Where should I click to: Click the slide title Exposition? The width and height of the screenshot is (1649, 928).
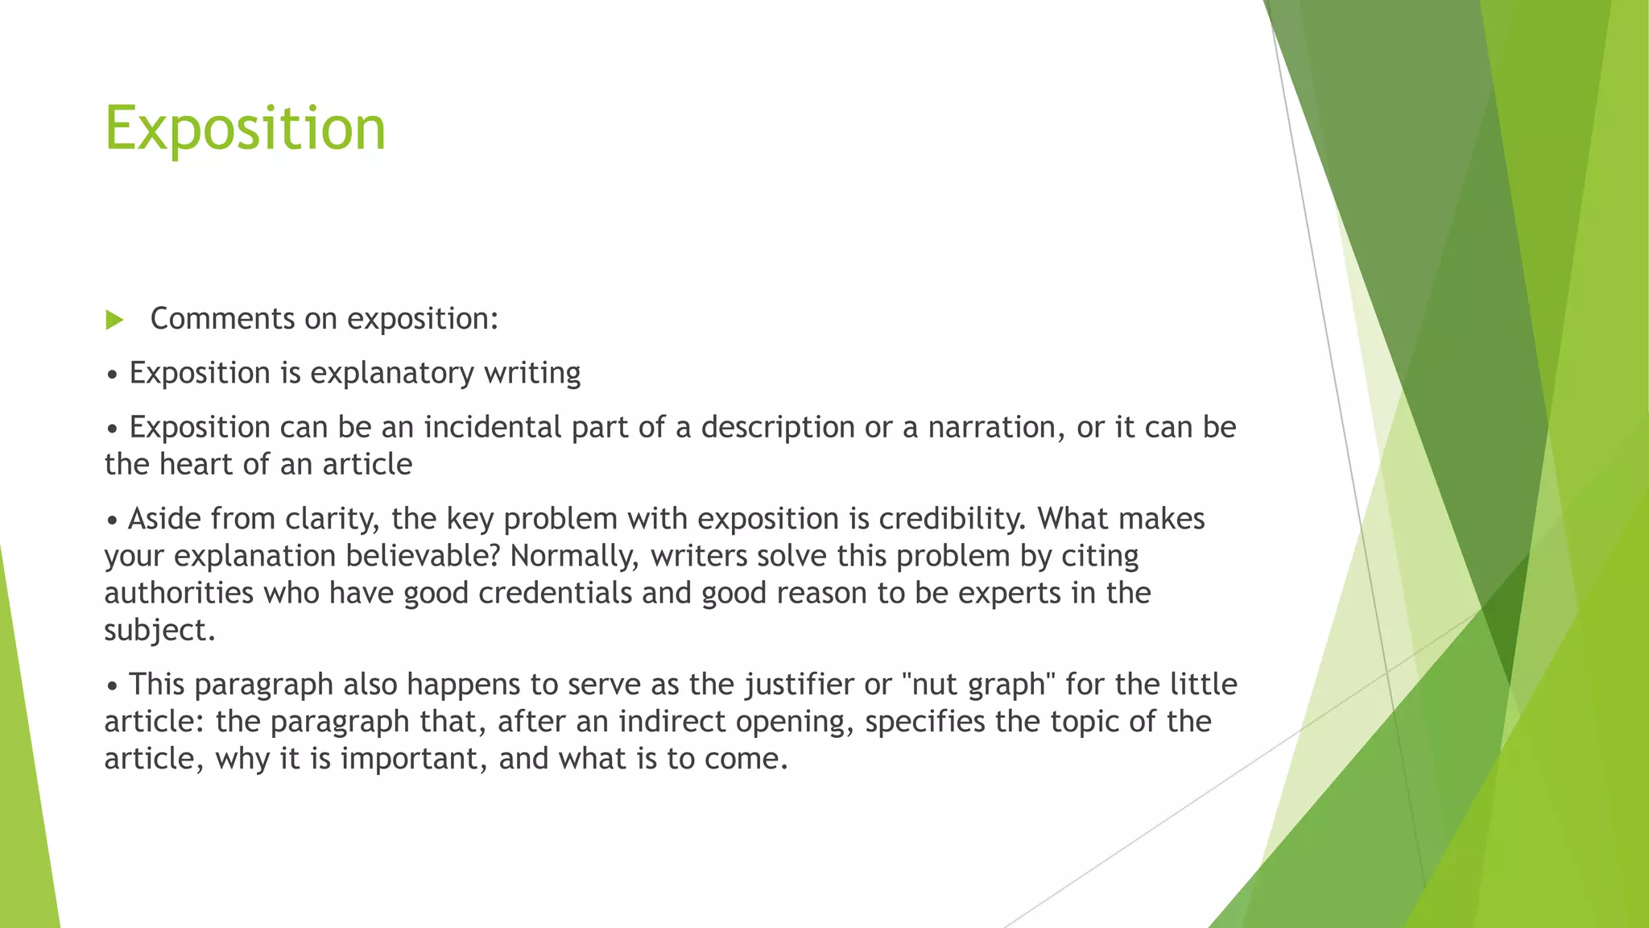coord(246,129)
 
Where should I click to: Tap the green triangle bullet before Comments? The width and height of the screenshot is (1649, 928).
coord(114,320)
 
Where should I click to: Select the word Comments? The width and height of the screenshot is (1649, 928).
coord(223,319)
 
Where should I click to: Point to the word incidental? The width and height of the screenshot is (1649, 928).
coord(493,427)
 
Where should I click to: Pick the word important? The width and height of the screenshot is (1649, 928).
coord(413,759)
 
